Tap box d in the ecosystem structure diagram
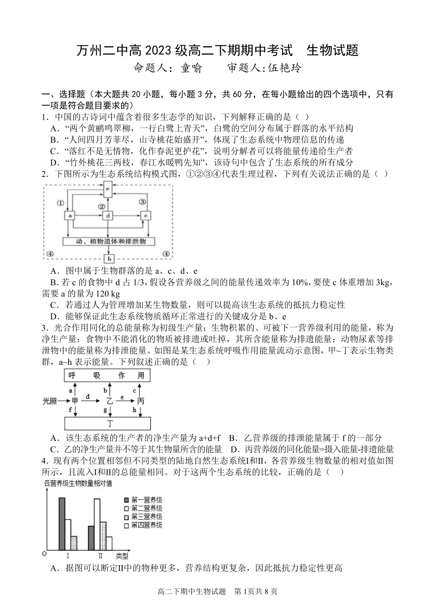108,215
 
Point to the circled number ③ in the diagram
142,202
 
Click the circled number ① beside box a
60,203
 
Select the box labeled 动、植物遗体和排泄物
109,241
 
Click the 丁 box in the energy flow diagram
109,423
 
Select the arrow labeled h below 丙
138,411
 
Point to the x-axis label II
100,556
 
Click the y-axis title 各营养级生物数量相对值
78,483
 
